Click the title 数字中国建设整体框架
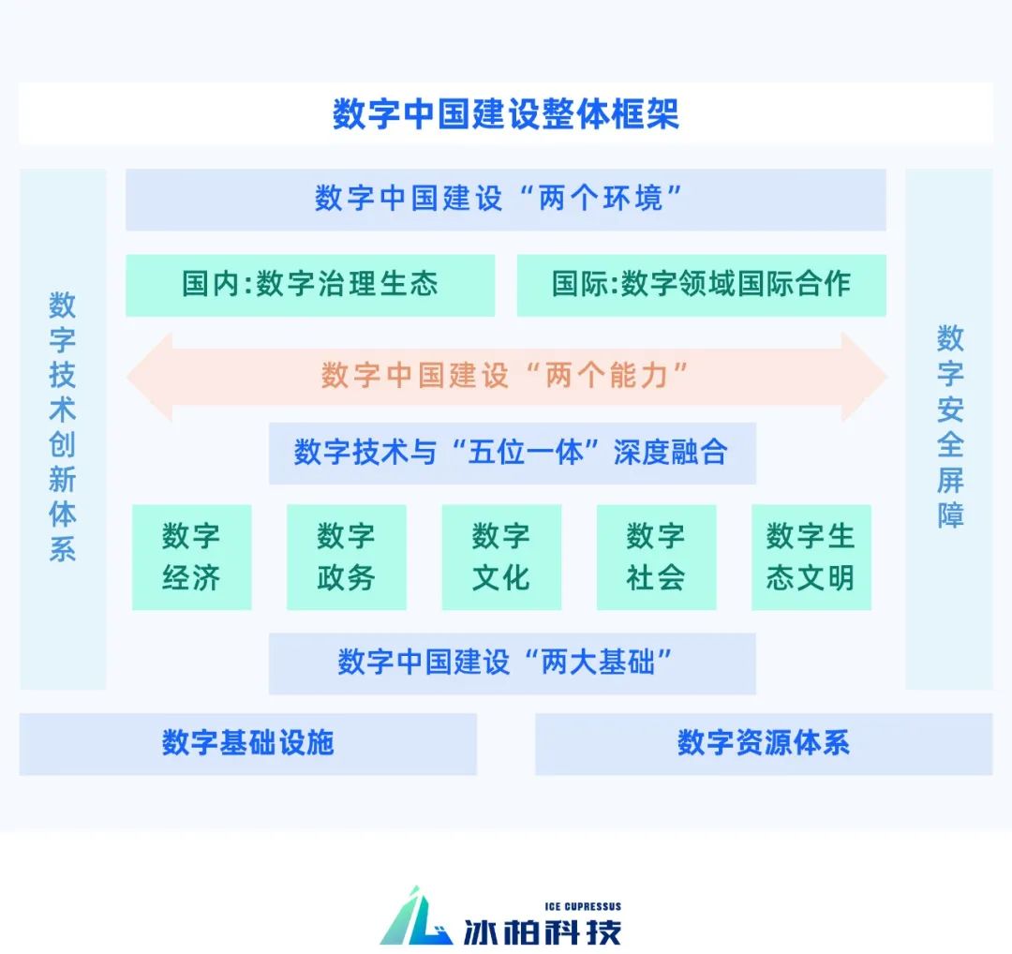[x=506, y=114]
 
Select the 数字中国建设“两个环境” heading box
[x=506, y=199]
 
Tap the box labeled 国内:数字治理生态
[x=310, y=284]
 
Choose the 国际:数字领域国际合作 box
[x=701, y=284]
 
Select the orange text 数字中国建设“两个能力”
[x=506, y=376]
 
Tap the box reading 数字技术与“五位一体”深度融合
[x=512, y=453]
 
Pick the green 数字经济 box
[x=191, y=557]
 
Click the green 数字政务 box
[x=346, y=557]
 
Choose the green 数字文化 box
[x=501, y=557]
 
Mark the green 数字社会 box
[x=656, y=557]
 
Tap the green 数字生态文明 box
[x=811, y=557]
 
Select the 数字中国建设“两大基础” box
[x=512, y=663]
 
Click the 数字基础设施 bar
[x=247, y=743]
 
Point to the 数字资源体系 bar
[x=763, y=743]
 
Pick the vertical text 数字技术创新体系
[x=63, y=426]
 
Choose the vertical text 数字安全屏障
[x=949, y=426]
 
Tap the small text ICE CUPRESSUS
[x=582, y=906]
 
